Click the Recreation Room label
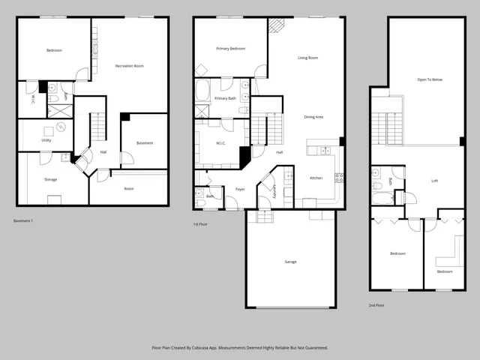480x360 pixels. tap(129, 66)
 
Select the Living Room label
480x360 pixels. tap(308, 58)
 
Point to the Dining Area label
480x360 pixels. tap(313, 117)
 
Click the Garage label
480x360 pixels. tap(290, 262)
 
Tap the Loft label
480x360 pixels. tap(435, 181)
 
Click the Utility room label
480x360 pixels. tap(46, 140)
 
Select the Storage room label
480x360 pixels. tap(50, 179)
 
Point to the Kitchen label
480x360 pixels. tap(316, 178)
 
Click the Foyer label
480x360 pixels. tap(240, 189)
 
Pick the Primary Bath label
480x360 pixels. tap(225, 98)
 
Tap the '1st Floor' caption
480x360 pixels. tap(199, 223)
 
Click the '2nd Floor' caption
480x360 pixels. tap(376, 305)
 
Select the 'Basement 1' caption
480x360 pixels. tap(24, 220)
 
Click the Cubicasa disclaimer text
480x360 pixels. tap(240, 348)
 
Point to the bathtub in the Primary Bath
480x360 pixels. tap(203, 92)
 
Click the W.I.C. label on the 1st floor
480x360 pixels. tap(221, 143)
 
